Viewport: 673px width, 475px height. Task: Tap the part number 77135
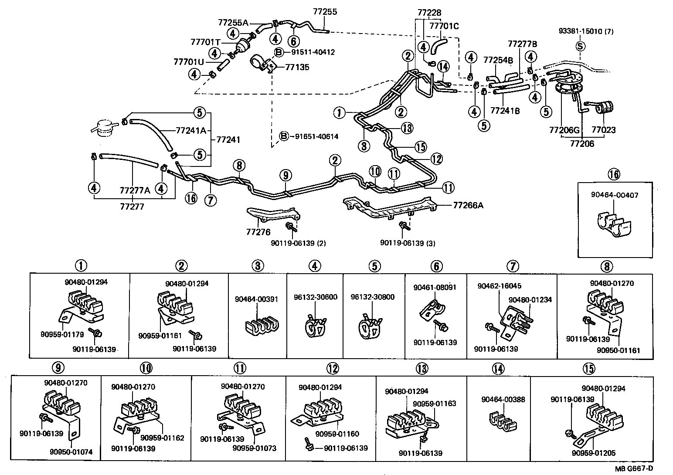click(297, 67)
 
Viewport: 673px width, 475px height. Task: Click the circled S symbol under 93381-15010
click(580, 45)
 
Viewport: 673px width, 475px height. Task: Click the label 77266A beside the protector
click(468, 205)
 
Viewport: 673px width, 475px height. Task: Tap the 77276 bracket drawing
click(272, 215)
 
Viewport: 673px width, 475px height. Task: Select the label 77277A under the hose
click(135, 190)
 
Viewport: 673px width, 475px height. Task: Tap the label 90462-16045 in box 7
click(499, 286)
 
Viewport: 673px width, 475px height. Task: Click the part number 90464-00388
click(503, 399)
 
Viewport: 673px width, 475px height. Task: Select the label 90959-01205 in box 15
click(594, 453)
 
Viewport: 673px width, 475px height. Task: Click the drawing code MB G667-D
click(634, 468)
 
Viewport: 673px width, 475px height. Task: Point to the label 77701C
click(444, 26)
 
